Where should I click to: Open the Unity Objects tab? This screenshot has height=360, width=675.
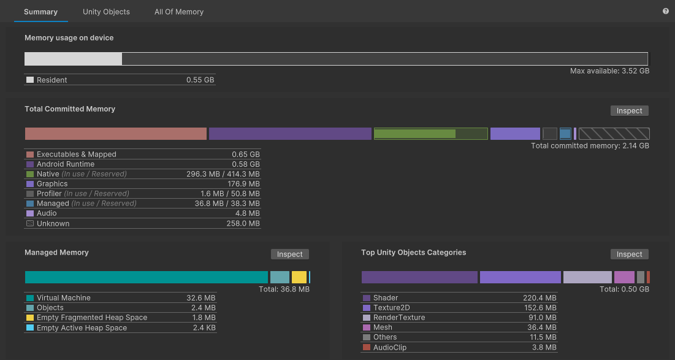pyautogui.click(x=106, y=12)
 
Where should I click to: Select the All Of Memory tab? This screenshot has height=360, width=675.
pyautogui.click(x=178, y=12)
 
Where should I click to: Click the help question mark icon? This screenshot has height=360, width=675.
pyautogui.click(x=665, y=11)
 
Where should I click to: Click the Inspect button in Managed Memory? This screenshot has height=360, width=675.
pyautogui.click(x=289, y=254)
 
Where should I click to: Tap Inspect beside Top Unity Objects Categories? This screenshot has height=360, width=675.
pyautogui.click(x=629, y=254)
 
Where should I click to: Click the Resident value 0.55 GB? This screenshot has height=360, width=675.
pyautogui.click(x=200, y=80)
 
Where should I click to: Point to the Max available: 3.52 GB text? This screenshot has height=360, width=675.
pyautogui.click(x=609, y=71)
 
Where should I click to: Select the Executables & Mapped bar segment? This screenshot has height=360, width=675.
pyautogui.click(x=115, y=134)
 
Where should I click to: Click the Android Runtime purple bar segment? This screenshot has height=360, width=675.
pyautogui.click(x=290, y=134)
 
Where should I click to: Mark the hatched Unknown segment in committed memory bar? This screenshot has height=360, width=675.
pyautogui.click(x=614, y=134)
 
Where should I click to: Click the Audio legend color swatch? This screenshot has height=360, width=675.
pyautogui.click(x=30, y=213)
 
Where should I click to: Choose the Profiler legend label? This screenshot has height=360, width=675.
pyautogui.click(x=49, y=194)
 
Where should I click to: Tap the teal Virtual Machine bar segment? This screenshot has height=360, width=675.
pyautogui.click(x=146, y=277)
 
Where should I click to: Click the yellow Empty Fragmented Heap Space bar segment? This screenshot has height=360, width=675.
pyautogui.click(x=299, y=277)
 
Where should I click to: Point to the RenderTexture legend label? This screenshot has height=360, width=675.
pyautogui.click(x=399, y=318)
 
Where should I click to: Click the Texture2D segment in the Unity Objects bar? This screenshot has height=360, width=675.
pyautogui.click(x=520, y=277)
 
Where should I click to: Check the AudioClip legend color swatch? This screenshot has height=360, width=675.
pyautogui.click(x=367, y=348)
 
